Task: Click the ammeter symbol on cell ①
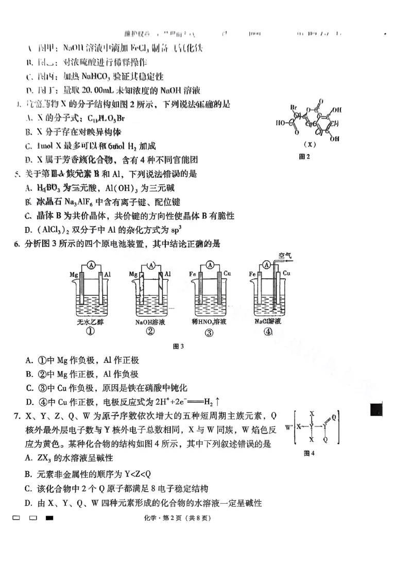point(91,265)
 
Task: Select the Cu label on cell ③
point(227,275)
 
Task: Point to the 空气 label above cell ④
point(285,255)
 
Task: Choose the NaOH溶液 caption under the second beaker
point(150,322)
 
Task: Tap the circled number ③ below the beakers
point(209,332)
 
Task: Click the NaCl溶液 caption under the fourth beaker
point(267,321)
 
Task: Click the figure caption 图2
point(304,157)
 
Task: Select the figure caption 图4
point(309,453)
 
